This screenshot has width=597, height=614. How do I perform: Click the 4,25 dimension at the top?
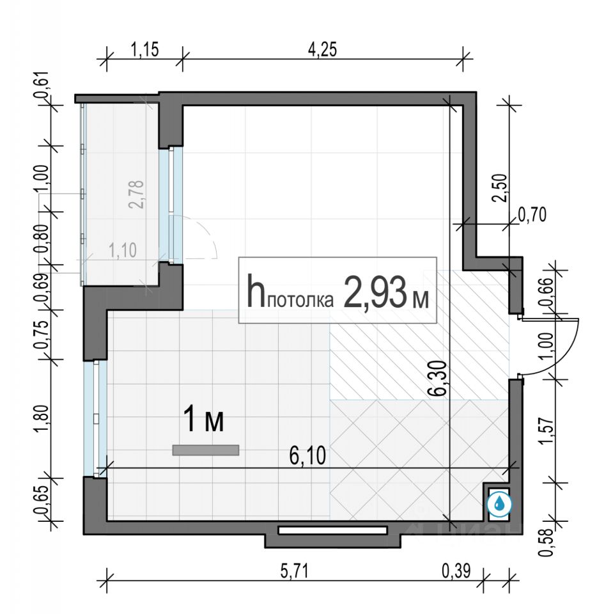322,49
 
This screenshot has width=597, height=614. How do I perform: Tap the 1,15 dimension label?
144,49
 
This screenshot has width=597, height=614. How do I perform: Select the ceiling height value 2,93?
375,292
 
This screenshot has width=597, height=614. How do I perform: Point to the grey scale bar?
206,450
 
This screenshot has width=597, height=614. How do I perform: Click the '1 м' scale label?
204,420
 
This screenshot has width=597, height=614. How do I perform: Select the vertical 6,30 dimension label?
439,378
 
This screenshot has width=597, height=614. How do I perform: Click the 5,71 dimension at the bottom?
295,571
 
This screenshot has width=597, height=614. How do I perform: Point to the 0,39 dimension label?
456,571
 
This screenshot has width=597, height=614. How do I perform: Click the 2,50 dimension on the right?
500,187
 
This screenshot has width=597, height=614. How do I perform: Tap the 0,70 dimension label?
532,215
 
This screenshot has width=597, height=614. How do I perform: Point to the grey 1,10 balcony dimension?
123,250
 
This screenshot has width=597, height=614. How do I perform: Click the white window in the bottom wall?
332,530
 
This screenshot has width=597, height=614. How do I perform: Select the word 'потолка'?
301,301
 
